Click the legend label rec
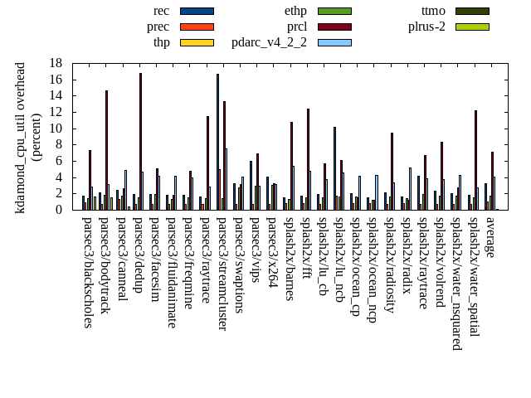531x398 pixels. [162, 11]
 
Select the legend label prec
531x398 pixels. [158, 27]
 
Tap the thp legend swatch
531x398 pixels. [197, 42]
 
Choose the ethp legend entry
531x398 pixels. [295, 11]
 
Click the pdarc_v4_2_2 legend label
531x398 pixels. [269, 42]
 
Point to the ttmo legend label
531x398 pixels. [433, 11]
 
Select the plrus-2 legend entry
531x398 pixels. [426, 27]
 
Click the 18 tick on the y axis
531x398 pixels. [56, 63]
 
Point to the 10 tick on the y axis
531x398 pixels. [56, 129]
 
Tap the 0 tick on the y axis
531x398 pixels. [59, 210]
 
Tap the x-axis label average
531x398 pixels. [490, 238]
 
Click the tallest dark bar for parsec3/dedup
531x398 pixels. [140, 141]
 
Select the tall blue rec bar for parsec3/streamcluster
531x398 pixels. [217, 142]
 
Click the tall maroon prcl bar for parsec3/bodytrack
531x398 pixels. [106, 150]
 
